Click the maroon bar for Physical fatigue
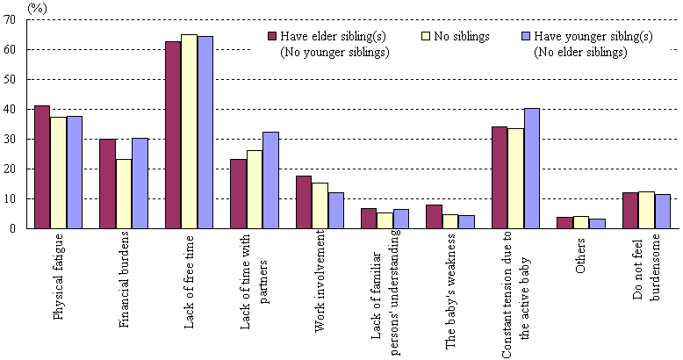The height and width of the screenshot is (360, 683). click(x=41, y=167)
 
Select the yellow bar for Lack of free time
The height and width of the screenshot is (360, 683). click(x=189, y=132)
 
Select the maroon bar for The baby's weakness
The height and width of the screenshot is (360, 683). click(x=434, y=216)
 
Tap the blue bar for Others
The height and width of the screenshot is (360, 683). click(x=596, y=223)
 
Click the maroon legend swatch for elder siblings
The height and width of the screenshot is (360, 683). click(x=272, y=37)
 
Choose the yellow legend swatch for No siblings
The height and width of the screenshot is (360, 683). click(x=428, y=37)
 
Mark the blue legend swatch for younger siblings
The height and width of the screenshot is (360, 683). click(x=526, y=37)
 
